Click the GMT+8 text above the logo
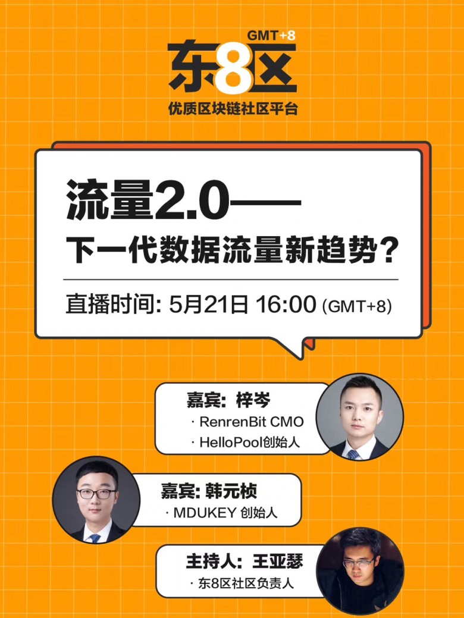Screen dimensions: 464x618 271,36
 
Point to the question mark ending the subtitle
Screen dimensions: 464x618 388,250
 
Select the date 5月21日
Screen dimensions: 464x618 208,305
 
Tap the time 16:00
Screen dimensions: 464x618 286,305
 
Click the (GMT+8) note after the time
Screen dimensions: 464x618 357,306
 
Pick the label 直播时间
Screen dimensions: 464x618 110,305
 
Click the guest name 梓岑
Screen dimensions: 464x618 253,400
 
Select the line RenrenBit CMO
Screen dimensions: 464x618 252,422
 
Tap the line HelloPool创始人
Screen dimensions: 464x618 249,442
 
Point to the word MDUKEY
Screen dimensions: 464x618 205,513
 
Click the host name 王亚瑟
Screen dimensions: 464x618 278,561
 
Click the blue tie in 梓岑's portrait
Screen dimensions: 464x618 353,454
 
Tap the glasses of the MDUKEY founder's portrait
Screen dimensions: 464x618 96,494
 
